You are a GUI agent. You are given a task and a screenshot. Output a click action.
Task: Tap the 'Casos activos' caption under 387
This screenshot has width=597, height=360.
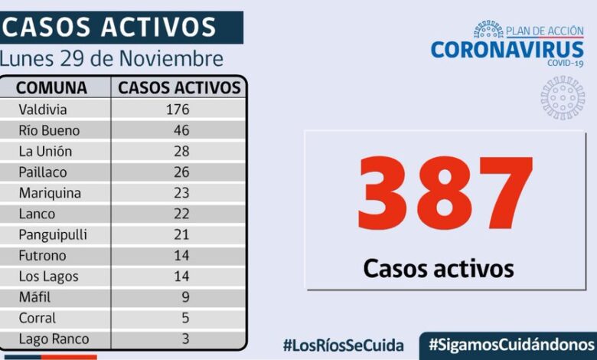click(x=438, y=268)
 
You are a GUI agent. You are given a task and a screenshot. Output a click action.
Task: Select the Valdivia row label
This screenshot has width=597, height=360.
click(x=42, y=110)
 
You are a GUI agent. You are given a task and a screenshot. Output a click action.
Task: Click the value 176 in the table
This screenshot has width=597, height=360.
click(x=177, y=110)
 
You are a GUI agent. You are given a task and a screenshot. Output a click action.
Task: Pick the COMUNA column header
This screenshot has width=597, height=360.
click(x=51, y=87)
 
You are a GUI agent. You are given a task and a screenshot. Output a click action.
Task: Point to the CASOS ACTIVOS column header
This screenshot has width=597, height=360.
click(x=180, y=87)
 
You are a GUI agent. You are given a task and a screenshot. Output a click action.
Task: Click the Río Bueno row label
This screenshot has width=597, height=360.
click(x=49, y=130)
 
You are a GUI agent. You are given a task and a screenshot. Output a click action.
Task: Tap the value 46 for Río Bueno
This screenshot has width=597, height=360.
click(x=181, y=130)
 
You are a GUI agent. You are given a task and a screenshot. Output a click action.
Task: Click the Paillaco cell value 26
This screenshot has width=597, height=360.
click(x=181, y=172)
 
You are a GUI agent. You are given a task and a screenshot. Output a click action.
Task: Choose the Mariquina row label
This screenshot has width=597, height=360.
click(x=50, y=193)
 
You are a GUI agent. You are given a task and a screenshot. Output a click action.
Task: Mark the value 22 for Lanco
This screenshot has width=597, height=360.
click(x=181, y=214)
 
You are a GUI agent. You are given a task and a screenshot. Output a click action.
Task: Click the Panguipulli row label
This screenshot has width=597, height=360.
click(x=53, y=234)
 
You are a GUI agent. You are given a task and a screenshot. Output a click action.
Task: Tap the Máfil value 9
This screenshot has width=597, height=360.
click(x=184, y=297)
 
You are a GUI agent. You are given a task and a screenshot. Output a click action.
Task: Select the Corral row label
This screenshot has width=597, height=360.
click(x=38, y=318)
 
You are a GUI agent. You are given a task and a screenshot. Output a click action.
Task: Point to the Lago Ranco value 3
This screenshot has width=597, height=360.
click(x=184, y=339)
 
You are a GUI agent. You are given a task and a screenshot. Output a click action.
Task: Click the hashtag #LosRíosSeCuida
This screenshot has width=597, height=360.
click(x=344, y=345)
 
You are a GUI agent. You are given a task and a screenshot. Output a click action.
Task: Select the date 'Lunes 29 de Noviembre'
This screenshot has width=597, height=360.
click(x=113, y=59)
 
